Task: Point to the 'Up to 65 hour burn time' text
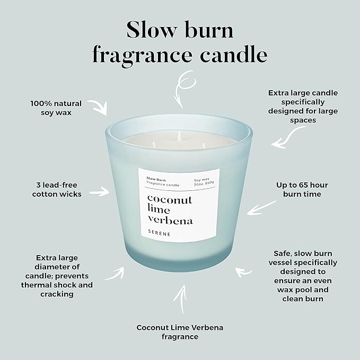click(x=302, y=190)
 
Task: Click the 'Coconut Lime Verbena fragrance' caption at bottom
click(x=180, y=332)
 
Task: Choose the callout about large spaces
click(x=303, y=106)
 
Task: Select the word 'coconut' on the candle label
click(x=170, y=200)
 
